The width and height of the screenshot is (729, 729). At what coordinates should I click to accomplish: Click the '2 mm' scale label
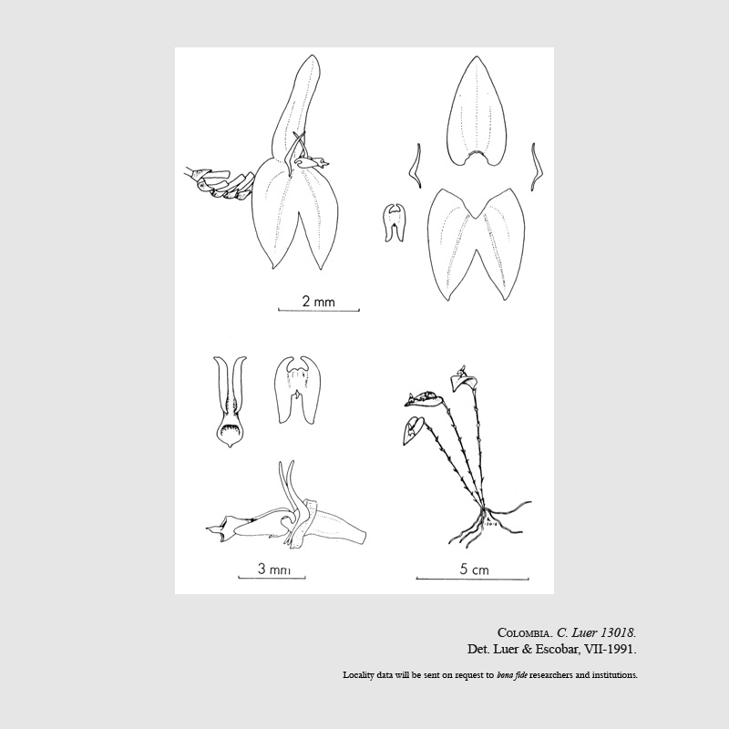[x=318, y=302]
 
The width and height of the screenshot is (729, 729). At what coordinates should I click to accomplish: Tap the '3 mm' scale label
[x=274, y=569]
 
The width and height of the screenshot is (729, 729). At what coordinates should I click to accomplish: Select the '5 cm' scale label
[x=474, y=569]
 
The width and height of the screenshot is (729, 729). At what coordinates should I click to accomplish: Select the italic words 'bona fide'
[x=512, y=675]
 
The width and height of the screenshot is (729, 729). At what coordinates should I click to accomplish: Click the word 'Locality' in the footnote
[x=358, y=675]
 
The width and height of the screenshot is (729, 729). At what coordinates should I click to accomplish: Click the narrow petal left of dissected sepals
[x=416, y=166]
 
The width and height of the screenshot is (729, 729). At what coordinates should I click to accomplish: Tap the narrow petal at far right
[x=537, y=167]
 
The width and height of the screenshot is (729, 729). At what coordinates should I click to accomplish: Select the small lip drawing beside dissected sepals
[x=395, y=222]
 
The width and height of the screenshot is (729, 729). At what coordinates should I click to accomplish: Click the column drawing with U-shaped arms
[x=230, y=401]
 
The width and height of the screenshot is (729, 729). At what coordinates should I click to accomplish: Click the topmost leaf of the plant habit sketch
[x=464, y=381]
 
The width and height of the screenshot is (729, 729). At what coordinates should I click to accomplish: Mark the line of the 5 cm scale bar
[x=472, y=580]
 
